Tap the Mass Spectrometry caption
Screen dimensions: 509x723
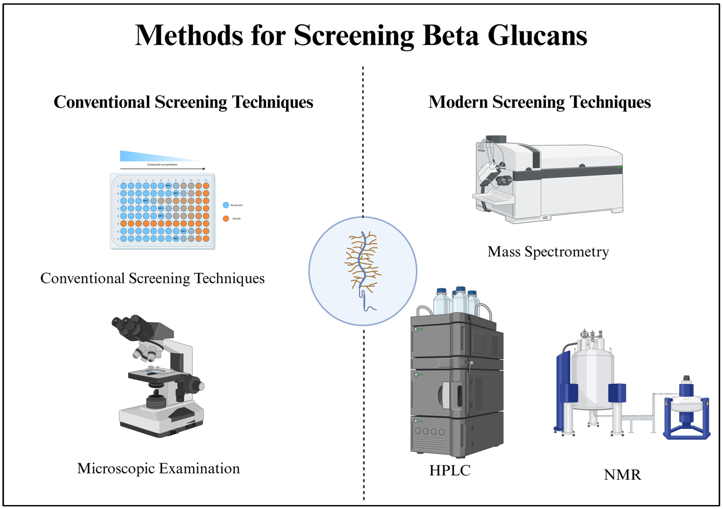[548, 252]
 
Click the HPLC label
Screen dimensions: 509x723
[450, 470]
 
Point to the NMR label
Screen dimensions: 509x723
[622, 475]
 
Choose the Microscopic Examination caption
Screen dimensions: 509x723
[158, 468]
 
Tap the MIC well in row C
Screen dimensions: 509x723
[146, 201]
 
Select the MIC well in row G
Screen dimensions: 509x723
[183, 231]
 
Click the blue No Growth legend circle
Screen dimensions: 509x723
[226, 205]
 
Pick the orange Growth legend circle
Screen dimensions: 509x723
[226, 218]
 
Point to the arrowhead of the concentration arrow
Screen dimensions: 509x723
[204, 169]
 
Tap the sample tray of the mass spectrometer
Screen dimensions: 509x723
[494, 198]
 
